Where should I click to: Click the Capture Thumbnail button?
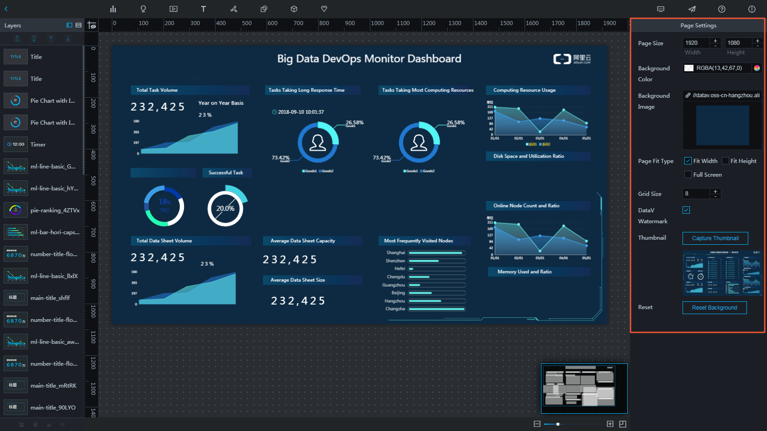(x=715, y=238)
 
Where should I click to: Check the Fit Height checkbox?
(x=725, y=161)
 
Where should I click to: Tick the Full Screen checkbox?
(x=688, y=174)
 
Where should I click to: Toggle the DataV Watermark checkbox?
(x=686, y=210)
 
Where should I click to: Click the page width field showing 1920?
(x=696, y=43)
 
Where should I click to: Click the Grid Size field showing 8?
(x=696, y=194)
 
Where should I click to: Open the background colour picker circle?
(x=757, y=68)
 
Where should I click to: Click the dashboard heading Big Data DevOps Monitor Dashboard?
(x=369, y=59)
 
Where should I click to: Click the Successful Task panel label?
(x=226, y=173)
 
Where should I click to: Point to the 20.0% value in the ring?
(x=226, y=209)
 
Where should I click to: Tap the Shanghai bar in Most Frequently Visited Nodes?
(x=436, y=252)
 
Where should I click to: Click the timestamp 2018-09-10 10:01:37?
(x=300, y=112)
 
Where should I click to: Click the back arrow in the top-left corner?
(x=6, y=9)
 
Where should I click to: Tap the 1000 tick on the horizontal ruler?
(x=377, y=23)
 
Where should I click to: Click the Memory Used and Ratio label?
(x=525, y=272)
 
